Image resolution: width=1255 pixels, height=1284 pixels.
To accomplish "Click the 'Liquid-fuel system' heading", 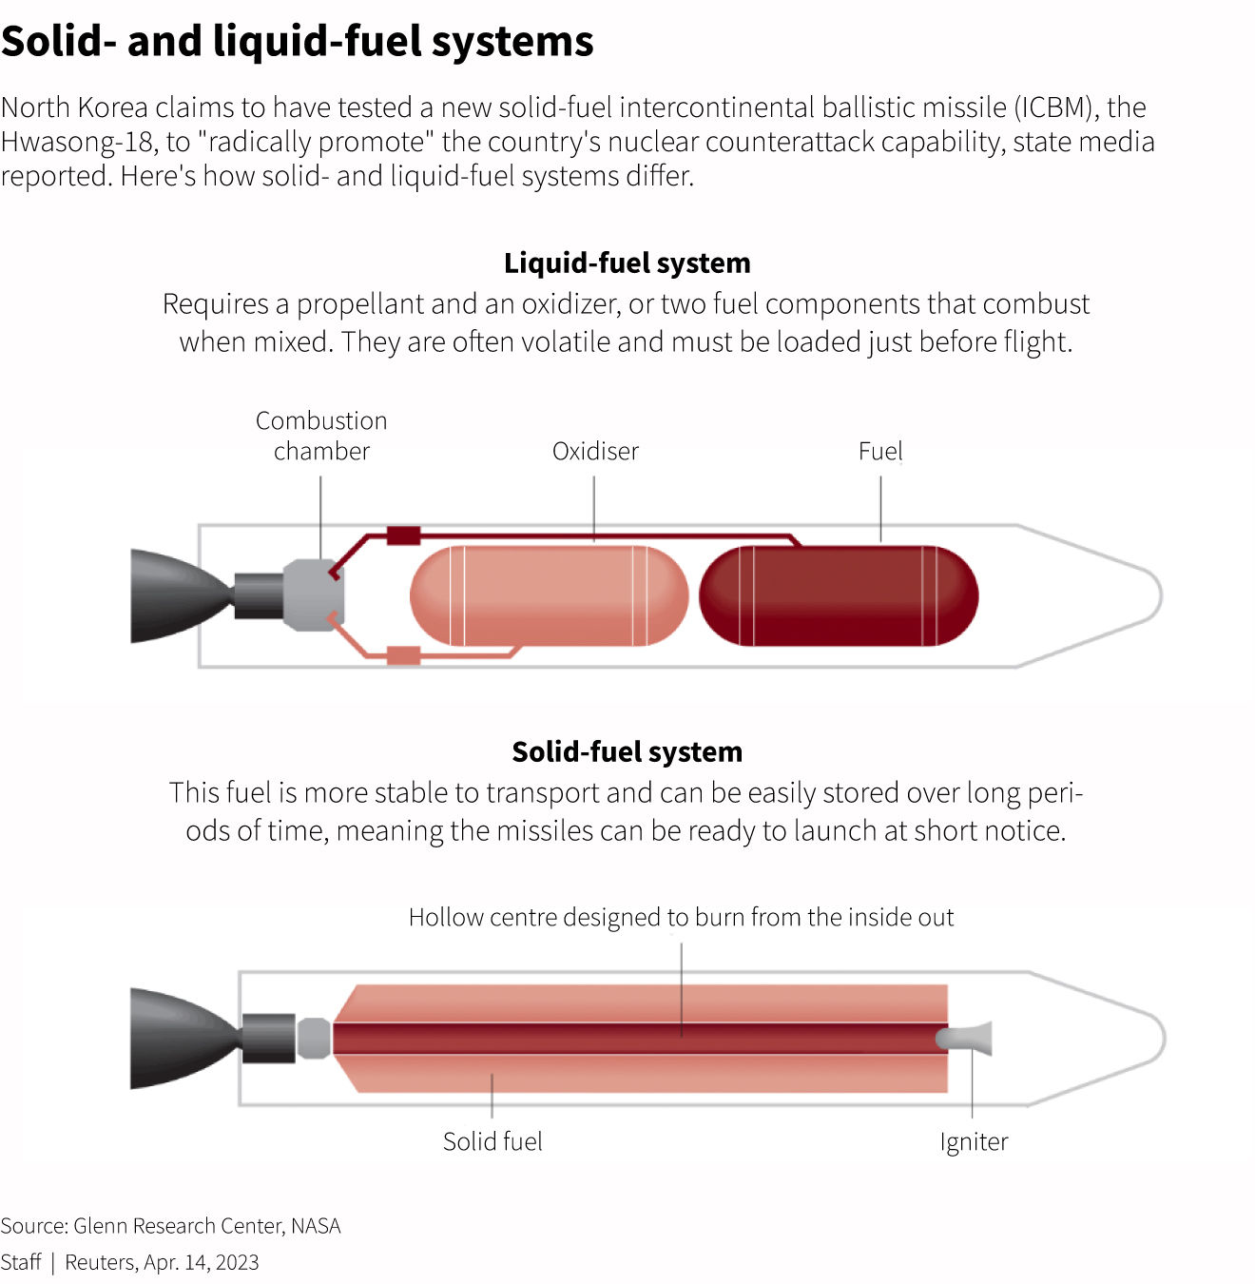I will click(627, 263).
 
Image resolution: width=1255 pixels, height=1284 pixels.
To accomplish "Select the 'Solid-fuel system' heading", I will click(627, 751).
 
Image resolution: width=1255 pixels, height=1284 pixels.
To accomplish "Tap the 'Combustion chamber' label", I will click(321, 436).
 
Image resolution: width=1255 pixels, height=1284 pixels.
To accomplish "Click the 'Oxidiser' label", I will click(595, 451).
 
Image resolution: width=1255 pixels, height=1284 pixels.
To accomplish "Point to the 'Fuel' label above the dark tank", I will click(880, 451).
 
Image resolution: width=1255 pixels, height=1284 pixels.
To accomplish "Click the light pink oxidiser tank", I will click(549, 595).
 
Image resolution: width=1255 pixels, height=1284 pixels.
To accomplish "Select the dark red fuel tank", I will click(839, 595).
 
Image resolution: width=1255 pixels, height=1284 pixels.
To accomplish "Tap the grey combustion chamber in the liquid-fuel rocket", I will click(313, 594).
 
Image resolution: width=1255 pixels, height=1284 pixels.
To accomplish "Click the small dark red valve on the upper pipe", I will click(403, 535).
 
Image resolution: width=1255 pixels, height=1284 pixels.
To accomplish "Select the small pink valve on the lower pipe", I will click(403, 655).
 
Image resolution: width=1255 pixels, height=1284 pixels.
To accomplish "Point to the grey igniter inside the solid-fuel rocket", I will click(965, 1038).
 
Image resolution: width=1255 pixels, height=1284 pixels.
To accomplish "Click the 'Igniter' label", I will click(974, 1141).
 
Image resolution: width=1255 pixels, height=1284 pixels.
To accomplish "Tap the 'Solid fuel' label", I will click(492, 1141).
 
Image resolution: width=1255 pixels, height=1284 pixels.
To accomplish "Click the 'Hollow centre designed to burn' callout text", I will click(681, 917).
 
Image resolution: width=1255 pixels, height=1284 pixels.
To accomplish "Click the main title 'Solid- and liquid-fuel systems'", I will click(297, 42).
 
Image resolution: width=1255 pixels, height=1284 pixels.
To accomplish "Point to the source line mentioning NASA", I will click(170, 1225).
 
